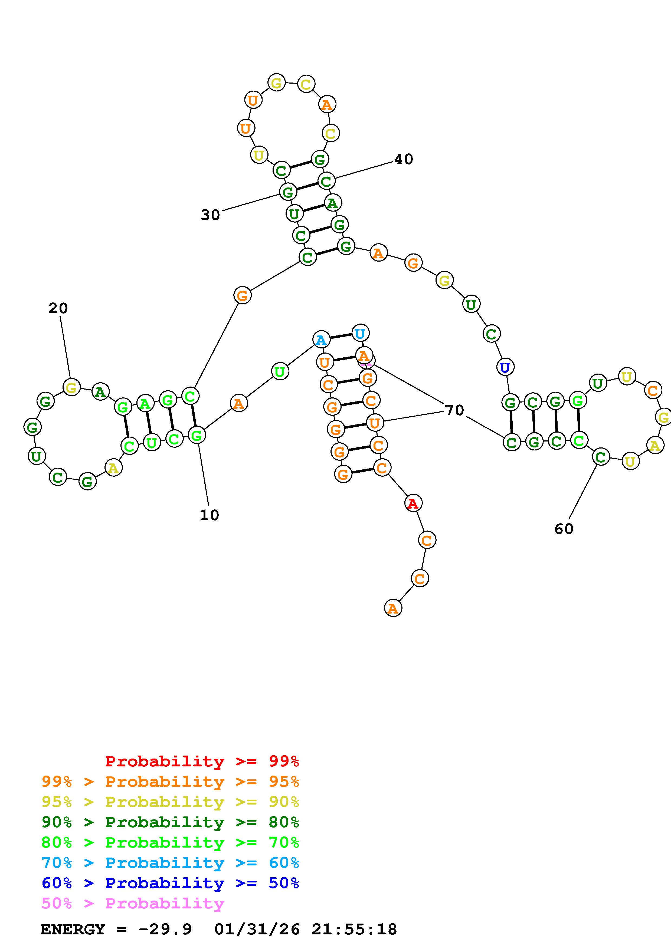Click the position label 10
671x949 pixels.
pos(209,515)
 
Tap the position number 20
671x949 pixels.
pos(58,308)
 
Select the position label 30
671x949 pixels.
pos(210,215)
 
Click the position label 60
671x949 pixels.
pos(564,529)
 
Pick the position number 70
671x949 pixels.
pos(454,410)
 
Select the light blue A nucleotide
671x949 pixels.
pos(321,340)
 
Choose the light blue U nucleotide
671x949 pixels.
pos(360,333)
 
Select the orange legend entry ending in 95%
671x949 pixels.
pos(170,782)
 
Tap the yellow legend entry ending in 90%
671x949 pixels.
pos(170,802)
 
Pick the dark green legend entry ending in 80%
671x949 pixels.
pos(170,822)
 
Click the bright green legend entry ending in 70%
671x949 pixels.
pos(170,842)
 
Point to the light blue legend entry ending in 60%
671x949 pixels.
pos(170,863)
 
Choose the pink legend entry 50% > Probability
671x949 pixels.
pos(133,903)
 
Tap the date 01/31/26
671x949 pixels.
pos(257,929)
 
